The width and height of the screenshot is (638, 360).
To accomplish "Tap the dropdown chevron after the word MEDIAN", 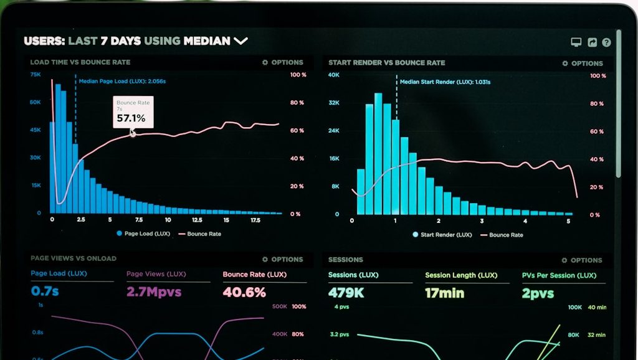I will (240, 41).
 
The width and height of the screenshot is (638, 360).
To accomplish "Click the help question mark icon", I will (606, 42).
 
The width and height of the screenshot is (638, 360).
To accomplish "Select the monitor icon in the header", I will (576, 42).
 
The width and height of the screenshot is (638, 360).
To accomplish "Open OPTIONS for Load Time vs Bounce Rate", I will (283, 62).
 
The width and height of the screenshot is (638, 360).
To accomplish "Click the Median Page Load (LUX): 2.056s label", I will (122, 81).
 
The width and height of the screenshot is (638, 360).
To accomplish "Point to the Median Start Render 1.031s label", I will (445, 82).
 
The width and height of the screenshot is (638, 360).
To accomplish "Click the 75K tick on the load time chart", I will (36, 74).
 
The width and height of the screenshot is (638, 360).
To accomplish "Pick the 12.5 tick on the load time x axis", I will (197, 220).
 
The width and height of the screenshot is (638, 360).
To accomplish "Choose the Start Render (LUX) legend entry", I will (441, 235).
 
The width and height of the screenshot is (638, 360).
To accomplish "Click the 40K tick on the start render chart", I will (334, 75).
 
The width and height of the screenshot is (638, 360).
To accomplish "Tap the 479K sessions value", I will (346, 292).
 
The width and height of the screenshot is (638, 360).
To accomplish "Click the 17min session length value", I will (444, 292).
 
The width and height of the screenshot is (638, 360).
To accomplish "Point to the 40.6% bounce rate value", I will (244, 291).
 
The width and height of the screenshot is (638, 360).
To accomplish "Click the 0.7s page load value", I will (45, 291).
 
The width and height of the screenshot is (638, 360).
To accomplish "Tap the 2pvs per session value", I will (538, 293).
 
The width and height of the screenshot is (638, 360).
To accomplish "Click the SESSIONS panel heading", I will (345, 260).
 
